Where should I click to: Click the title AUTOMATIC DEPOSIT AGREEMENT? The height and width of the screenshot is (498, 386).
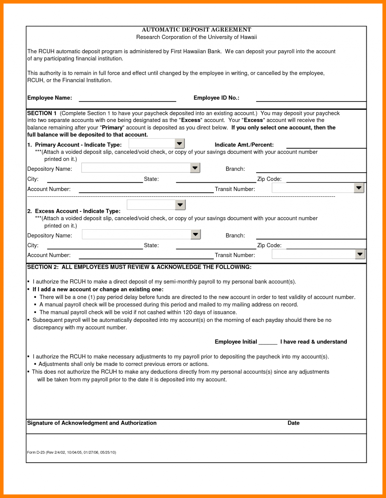(196, 30)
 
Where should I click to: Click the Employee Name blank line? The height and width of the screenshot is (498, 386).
(127, 99)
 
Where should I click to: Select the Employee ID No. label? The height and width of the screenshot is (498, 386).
(216, 98)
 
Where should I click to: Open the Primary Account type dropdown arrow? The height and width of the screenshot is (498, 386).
(179, 143)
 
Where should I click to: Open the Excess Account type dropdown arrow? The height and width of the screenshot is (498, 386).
(180, 205)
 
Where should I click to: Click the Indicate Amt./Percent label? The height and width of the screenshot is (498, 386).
(244, 145)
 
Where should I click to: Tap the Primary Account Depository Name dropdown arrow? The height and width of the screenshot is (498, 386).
(195, 168)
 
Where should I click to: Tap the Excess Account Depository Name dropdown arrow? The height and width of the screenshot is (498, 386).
(195, 235)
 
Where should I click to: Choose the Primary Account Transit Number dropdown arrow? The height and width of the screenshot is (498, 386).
(359, 188)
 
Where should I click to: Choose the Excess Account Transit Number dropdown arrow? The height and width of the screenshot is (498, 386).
(360, 254)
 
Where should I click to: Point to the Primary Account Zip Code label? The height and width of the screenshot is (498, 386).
(269, 179)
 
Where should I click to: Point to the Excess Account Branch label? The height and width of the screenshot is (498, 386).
(235, 236)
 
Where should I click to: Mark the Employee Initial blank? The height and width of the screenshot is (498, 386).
(268, 342)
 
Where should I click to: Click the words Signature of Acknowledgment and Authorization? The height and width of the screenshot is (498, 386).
(92, 423)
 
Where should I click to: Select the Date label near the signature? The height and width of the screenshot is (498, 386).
(294, 423)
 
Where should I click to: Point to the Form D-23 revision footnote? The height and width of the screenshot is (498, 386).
(72, 452)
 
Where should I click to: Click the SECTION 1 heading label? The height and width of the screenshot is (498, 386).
(42, 113)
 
